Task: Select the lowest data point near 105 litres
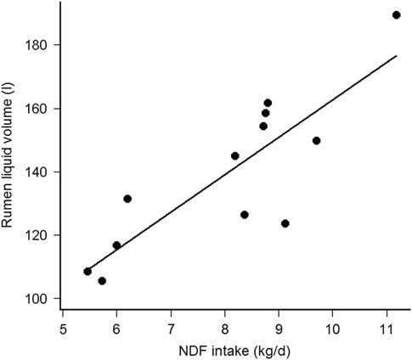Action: (102, 281)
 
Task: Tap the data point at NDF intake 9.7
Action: (316, 141)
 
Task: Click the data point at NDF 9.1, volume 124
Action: (285, 223)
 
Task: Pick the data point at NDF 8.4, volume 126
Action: (245, 215)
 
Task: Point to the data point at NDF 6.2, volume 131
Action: (127, 199)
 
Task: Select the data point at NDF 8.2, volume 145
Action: (235, 155)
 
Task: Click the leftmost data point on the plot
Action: (87, 272)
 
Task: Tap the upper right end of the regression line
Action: (397, 56)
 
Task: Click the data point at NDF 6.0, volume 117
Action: (116, 245)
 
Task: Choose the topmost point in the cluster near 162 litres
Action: (268, 103)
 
